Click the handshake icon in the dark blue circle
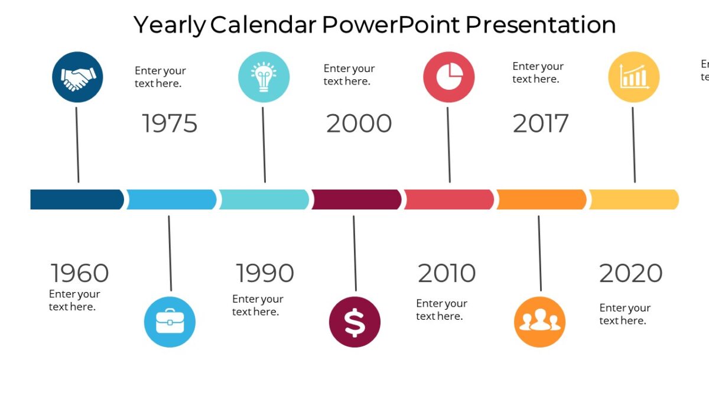pos(77,77)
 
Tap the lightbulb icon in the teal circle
pos(264,77)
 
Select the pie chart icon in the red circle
pos(449,77)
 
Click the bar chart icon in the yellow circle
pos(633,77)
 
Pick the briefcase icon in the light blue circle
pos(170,322)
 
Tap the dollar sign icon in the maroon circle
pos(354,322)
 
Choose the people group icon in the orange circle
pos(539,322)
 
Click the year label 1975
pos(170,124)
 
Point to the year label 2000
pos(359,124)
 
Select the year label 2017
pos(540,124)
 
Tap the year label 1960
pos(79,274)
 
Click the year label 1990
pos(265,273)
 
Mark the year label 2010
pos(446,273)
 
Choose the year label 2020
pos(630,273)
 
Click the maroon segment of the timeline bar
pos(356,200)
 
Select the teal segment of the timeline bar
pos(264,200)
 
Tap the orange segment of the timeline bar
pos(541,200)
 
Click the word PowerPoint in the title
pos(391,25)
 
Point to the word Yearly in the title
pos(169,25)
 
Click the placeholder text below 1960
pos(74,300)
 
